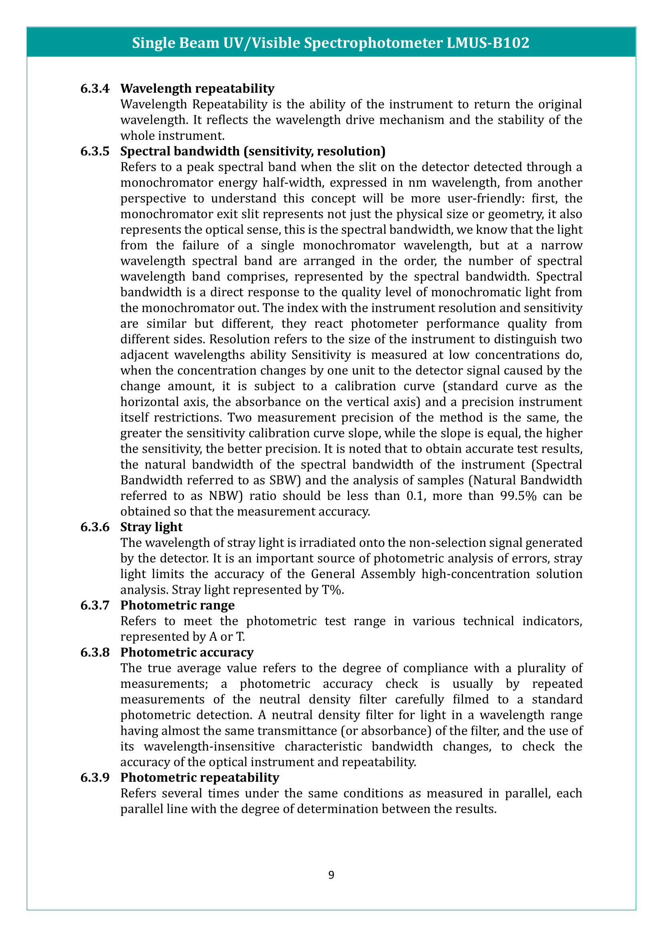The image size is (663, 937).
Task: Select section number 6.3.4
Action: click(95, 89)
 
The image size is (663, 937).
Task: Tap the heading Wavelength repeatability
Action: click(197, 89)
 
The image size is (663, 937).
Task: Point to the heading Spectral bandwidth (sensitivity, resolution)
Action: click(253, 151)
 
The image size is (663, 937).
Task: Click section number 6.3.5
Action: click(95, 151)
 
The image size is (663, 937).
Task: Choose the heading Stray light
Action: click(152, 527)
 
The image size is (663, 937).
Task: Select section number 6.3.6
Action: click(95, 527)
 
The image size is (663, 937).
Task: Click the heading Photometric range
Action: click(177, 605)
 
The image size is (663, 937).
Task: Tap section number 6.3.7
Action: click(95, 605)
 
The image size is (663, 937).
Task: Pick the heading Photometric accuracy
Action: click(186, 652)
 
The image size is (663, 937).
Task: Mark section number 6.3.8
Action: click(95, 652)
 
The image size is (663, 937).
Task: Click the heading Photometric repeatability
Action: click(200, 778)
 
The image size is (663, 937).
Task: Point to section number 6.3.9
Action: click(95, 778)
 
